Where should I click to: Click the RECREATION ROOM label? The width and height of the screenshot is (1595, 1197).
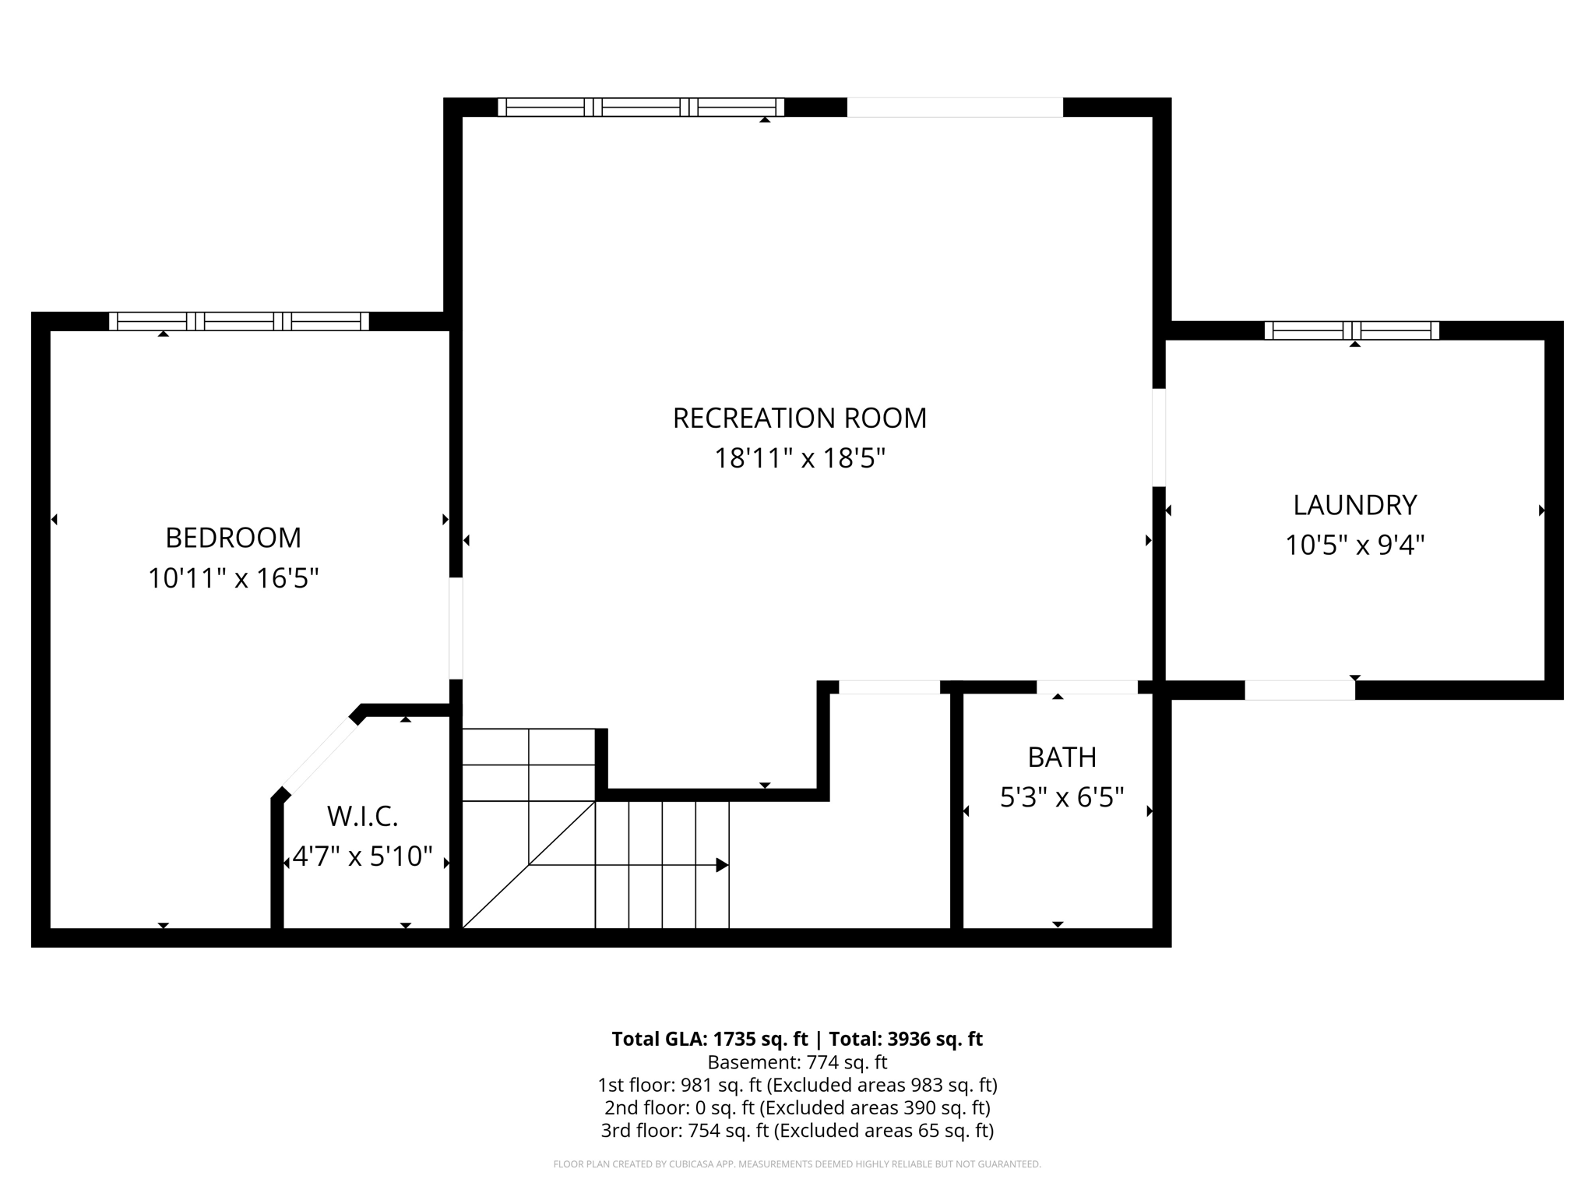pos(799,418)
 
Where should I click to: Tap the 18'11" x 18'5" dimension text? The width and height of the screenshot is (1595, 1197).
pos(799,458)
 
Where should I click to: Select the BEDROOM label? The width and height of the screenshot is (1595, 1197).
pos(233,538)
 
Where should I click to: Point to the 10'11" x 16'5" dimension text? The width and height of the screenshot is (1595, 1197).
pos(233,578)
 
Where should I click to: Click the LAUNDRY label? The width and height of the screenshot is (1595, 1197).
pos(1354,505)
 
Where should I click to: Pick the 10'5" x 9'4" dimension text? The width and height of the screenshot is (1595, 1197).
pos(1354,545)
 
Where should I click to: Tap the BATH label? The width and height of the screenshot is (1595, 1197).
pos(1062,757)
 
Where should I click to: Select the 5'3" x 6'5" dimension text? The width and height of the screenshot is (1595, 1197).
pos(1062,797)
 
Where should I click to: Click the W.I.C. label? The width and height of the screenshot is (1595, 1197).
pos(362,816)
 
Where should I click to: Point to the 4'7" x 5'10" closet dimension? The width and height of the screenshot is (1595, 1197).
pos(362,856)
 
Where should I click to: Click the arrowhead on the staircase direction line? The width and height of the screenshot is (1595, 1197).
pos(722,865)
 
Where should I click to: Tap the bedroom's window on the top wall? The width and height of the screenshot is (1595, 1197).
pos(238,321)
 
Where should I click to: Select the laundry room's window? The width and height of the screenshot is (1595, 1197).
pos(1351,330)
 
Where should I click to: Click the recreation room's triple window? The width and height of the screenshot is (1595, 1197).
pos(640,107)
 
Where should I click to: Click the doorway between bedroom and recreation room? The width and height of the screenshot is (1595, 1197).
pos(456,628)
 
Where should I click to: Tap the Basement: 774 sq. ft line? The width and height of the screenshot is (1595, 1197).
pos(797,1062)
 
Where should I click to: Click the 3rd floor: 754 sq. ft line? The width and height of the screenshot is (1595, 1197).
pos(797,1130)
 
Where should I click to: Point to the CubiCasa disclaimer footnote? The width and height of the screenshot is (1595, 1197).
pos(797,1164)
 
